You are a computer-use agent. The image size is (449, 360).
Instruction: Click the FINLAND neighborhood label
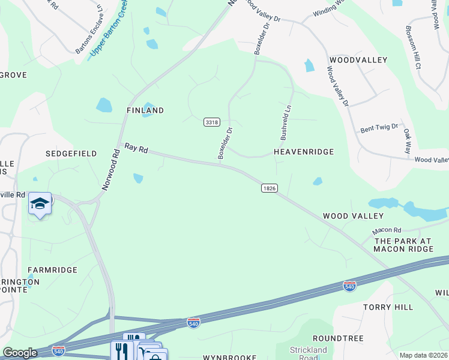(145, 110)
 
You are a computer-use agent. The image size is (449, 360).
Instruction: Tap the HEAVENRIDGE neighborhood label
(304, 152)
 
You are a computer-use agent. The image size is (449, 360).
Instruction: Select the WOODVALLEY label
(358, 60)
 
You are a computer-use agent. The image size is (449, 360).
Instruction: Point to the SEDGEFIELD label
(71, 154)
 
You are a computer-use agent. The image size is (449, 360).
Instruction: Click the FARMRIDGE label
(53, 270)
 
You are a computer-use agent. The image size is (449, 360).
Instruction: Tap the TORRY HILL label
(388, 307)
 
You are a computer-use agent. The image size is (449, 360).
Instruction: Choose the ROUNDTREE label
(338, 338)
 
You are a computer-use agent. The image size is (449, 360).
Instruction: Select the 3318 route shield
(211, 122)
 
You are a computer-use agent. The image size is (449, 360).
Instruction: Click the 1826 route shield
(270, 188)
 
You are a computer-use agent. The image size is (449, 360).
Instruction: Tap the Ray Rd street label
(136, 148)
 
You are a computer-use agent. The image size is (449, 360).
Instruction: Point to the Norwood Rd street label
(112, 170)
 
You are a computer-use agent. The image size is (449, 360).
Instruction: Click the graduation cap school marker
(40, 204)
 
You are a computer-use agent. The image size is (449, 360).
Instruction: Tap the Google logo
(20, 353)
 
